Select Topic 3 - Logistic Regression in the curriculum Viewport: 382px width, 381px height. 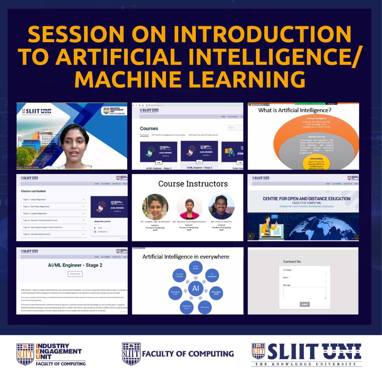[35, 213]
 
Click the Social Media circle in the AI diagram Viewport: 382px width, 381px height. [196, 268]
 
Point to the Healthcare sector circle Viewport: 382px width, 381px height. [186, 307]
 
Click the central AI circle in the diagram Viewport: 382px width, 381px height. [196, 288]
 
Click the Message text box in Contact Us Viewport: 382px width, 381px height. [304, 293]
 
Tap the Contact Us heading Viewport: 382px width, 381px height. [292, 261]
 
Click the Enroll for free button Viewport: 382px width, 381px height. [75, 274]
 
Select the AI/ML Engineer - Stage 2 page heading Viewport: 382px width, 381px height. [75, 265]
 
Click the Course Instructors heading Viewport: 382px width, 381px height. [193, 184]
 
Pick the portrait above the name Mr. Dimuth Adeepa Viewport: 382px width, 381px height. [221, 207]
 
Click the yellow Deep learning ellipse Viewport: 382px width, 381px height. [316, 163]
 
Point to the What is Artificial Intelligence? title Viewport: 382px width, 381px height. [294, 110]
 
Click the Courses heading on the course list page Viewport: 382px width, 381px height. [149, 128]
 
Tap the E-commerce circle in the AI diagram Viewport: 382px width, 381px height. [212, 275]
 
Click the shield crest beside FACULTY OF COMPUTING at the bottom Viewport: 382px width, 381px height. [131, 354]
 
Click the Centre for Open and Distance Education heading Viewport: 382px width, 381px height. [306, 198]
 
